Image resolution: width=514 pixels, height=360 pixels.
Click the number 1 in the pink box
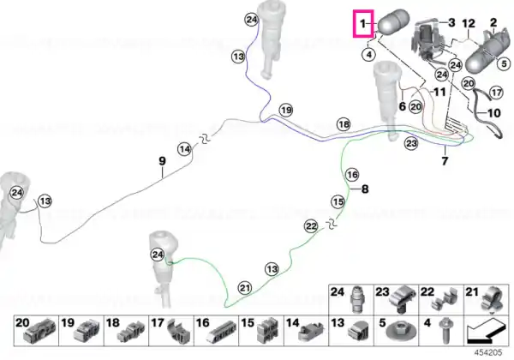362,24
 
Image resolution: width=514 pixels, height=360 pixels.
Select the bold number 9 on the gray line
162,161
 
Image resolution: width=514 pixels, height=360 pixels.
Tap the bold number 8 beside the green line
365,189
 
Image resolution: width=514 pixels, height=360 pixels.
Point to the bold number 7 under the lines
445,161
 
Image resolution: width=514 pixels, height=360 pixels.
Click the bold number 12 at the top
469,24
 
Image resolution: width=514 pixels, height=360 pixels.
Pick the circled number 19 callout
286,111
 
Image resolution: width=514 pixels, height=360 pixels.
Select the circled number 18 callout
344,124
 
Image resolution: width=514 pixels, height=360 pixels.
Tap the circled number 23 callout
411,143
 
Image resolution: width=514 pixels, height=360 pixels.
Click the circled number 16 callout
352,175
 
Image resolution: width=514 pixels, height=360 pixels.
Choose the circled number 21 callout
244,288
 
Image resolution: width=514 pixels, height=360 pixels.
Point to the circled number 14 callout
184,149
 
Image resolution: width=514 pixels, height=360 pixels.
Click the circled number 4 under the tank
369,54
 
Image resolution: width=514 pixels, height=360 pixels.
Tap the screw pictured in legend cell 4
445,330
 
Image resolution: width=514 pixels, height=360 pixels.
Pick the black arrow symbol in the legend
485,332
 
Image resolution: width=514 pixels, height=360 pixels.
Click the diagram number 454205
488,352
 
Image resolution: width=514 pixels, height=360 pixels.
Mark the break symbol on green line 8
332,224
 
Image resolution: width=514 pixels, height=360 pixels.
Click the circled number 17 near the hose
496,93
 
